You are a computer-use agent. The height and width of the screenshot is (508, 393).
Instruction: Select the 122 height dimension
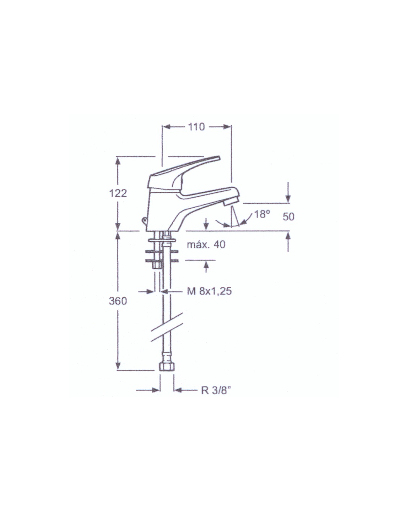coord(118,193)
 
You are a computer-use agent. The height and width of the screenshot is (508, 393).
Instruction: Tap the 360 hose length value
coord(118,301)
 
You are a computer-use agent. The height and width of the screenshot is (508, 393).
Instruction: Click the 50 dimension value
coord(288,217)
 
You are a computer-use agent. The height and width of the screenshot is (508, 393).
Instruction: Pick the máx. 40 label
coord(206,244)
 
